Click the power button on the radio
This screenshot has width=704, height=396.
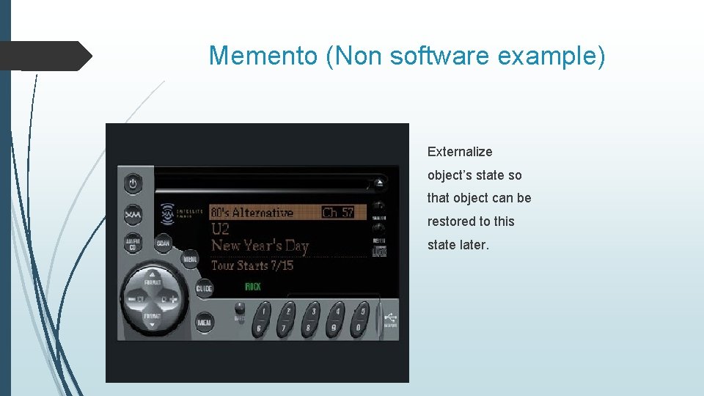pyautogui.click(x=133, y=184)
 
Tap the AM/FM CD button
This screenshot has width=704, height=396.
pyautogui.click(x=133, y=243)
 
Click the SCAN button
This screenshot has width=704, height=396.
pyautogui.click(x=163, y=243)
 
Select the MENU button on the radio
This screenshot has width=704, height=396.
pyautogui.click(x=191, y=260)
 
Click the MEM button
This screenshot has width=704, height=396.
pyautogui.click(x=205, y=322)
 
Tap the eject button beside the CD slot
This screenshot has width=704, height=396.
pyautogui.click(x=379, y=183)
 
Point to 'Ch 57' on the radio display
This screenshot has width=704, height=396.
pyautogui.click(x=338, y=213)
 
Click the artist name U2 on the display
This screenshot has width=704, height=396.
pyautogui.click(x=220, y=229)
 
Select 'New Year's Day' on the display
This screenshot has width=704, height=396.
pyautogui.click(x=260, y=246)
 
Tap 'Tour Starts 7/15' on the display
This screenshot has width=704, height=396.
pyautogui.click(x=252, y=265)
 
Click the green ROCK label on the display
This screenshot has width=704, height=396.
pyautogui.click(x=253, y=286)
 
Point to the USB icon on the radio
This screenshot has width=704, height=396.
pyautogui.click(x=389, y=318)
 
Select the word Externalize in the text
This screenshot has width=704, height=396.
pyautogui.click(x=460, y=152)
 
